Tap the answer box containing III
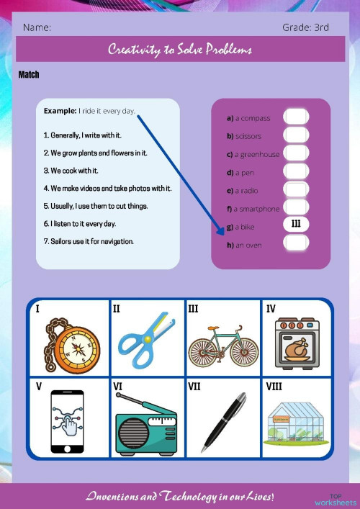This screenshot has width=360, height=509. tap(296, 224)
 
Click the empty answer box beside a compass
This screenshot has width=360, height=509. tap(296, 117)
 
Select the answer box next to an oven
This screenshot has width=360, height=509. tap(296, 243)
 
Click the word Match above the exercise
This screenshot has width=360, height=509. tap(29, 75)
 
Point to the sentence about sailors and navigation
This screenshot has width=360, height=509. tap(89, 241)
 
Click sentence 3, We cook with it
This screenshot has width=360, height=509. tap(71, 171)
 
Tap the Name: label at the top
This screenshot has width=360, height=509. tap(37, 27)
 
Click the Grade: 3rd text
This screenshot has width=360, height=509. tap(305, 27)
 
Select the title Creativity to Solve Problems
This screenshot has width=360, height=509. tap(180, 50)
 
